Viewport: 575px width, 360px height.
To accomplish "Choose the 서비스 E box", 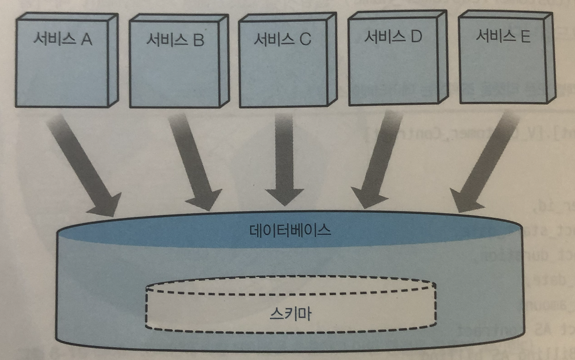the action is pos(502,60).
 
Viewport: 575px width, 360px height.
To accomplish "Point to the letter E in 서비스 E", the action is pos(525,36).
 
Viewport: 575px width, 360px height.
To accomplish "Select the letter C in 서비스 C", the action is pos(305,40).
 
